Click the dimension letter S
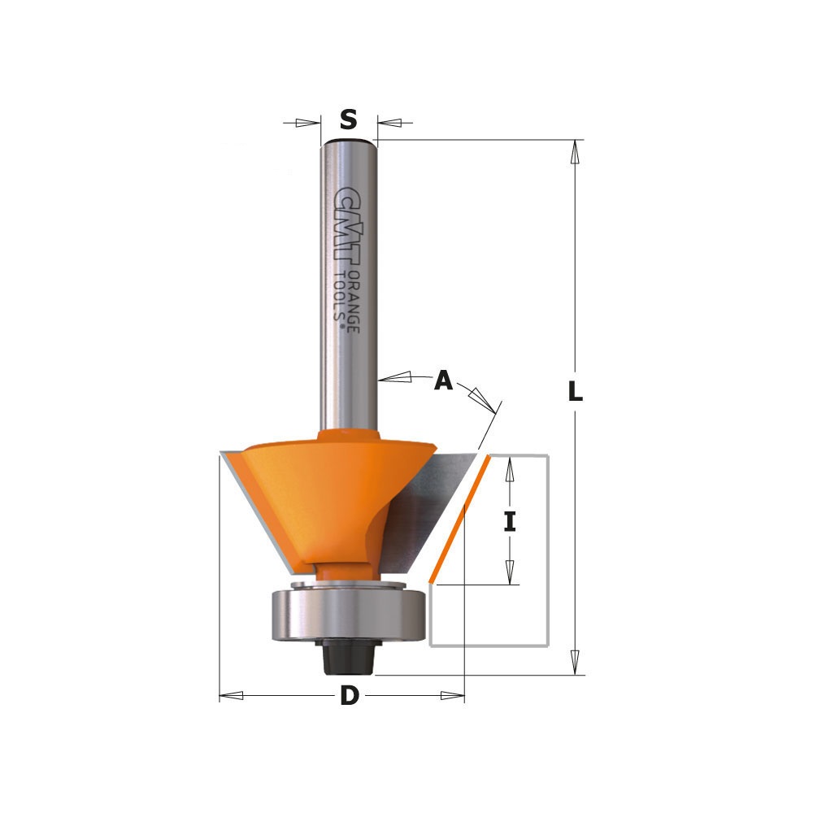349,120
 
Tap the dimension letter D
350,695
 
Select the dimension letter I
511,521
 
